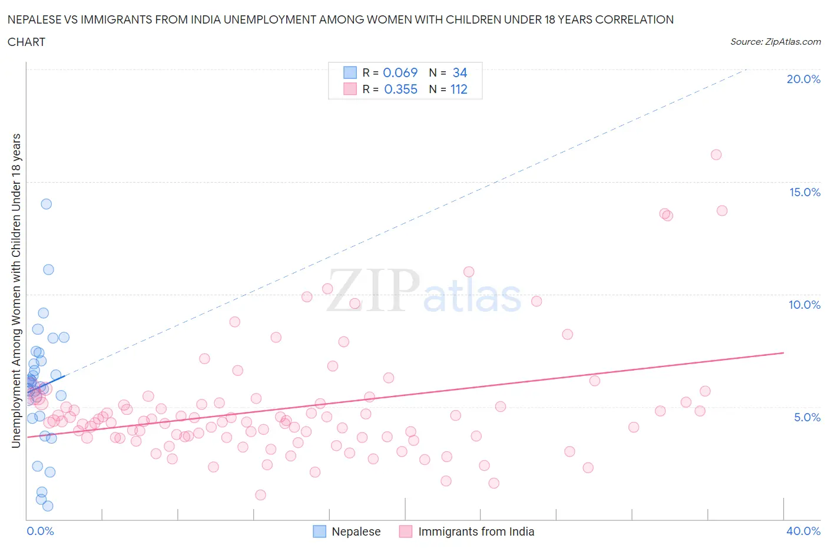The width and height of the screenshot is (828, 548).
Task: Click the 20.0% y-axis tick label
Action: [x=803, y=79]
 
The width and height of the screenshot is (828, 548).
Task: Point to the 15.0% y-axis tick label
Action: [x=804, y=192]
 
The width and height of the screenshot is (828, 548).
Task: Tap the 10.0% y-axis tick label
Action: [x=804, y=305]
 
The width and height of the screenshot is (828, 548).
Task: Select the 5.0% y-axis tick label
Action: [x=807, y=417]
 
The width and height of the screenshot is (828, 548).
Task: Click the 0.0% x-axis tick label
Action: [x=40, y=531]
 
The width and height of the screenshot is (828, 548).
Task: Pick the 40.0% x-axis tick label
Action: [x=803, y=531]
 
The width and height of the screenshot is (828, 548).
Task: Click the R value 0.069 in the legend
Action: [x=400, y=72]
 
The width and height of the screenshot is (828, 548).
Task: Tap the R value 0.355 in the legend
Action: [x=400, y=89]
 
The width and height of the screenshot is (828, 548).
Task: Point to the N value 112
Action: [x=459, y=89]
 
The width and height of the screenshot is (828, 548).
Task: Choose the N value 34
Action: [x=459, y=72]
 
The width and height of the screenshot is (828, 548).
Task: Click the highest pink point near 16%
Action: [x=716, y=155]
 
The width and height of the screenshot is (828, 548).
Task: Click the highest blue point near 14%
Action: [x=46, y=204]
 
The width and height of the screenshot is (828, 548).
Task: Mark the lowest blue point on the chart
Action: [x=48, y=506]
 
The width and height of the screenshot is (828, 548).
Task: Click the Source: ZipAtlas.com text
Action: [x=775, y=42]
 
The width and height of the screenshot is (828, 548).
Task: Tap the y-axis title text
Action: [x=16, y=290]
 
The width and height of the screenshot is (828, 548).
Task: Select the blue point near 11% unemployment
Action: [x=48, y=269]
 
